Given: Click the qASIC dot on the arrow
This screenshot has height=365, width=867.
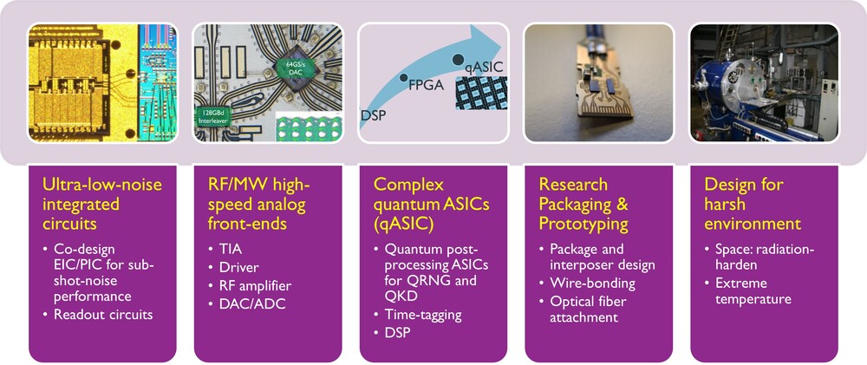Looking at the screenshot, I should (x=457, y=58).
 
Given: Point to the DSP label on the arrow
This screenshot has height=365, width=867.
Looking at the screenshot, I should (x=374, y=114).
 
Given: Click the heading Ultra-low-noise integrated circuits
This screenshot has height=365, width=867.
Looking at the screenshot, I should (x=95, y=204).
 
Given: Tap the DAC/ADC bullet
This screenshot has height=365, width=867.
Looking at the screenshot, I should (x=246, y=304).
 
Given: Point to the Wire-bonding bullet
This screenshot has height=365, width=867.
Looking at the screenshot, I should (x=593, y=283).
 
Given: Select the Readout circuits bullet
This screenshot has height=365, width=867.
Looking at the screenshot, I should (x=103, y=315).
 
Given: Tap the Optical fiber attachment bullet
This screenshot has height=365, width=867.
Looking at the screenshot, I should (x=594, y=310).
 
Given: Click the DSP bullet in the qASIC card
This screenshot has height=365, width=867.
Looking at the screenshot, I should (x=396, y=334).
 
